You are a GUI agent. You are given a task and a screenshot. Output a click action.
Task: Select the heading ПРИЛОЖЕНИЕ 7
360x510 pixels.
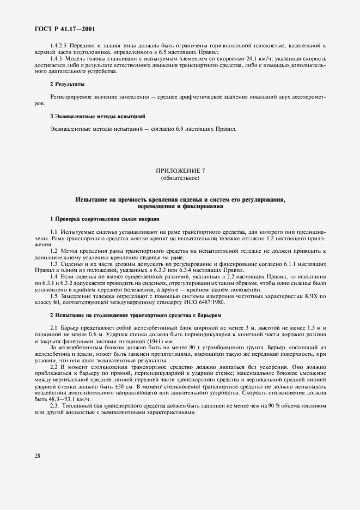point(180,171)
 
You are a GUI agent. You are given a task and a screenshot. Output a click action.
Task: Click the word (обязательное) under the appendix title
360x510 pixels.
point(180,178)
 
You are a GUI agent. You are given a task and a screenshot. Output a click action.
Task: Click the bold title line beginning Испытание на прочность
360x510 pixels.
point(180,200)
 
